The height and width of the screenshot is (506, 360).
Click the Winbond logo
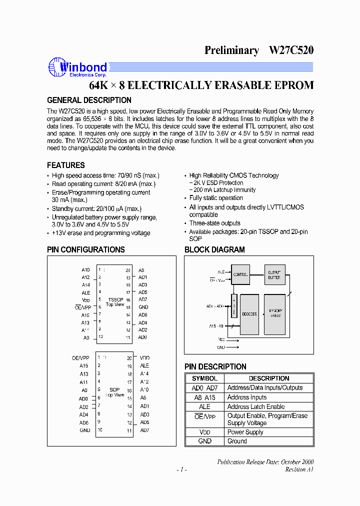pyautogui.click(x=77, y=67)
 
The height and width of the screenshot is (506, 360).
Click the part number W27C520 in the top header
pyautogui.click(x=291, y=50)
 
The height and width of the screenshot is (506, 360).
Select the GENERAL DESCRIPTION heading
pyautogui.click(x=89, y=100)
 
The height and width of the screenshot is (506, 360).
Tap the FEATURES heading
pyautogui.click(x=66, y=165)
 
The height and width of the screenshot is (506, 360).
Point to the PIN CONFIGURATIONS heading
pyautogui.click(x=86, y=249)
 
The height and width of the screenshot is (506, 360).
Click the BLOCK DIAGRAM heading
pyautogui.click(x=214, y=249)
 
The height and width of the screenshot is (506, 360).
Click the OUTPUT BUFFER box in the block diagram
pyautogui.click(x=274, y=274)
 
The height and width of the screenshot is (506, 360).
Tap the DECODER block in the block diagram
pyautogui.click(x=249, y=314)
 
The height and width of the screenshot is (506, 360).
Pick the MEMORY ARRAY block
pyautogui.click(x=274, y=314)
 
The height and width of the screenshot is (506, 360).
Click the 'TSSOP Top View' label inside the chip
pyautogui.click(x=115, y=302)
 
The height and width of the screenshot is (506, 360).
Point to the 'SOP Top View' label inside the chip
pyautogui.click(x=115, y=392)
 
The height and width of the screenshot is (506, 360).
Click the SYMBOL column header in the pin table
pyautogui.click(x=204, y=378)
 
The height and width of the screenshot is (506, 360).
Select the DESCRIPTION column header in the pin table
pyautogui.click(x=269, y=378)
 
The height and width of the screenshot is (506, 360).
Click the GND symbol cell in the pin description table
pyautogui.click(x=204, y=441)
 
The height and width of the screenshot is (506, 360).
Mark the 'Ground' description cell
pyautogui.click(x=237, y=441)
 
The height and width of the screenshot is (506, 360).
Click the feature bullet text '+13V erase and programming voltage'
pyautogui.click(x=101, y=233)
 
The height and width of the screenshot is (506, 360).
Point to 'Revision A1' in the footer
pyautogui.click(x=299, y=469)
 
